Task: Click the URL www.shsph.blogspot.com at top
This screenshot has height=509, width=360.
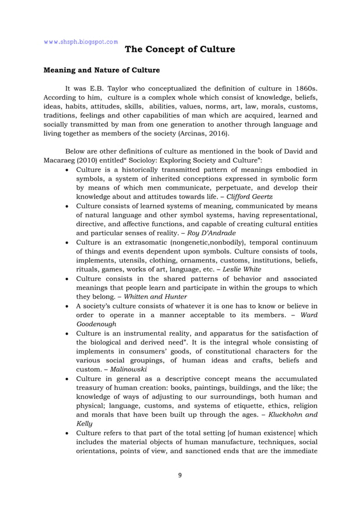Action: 81,41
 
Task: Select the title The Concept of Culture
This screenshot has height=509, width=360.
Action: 179,50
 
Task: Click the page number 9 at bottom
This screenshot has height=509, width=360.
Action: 179,475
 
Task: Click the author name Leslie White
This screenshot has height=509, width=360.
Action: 244,269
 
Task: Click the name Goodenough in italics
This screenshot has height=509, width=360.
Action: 99,323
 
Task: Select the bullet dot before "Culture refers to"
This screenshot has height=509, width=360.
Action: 68,433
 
